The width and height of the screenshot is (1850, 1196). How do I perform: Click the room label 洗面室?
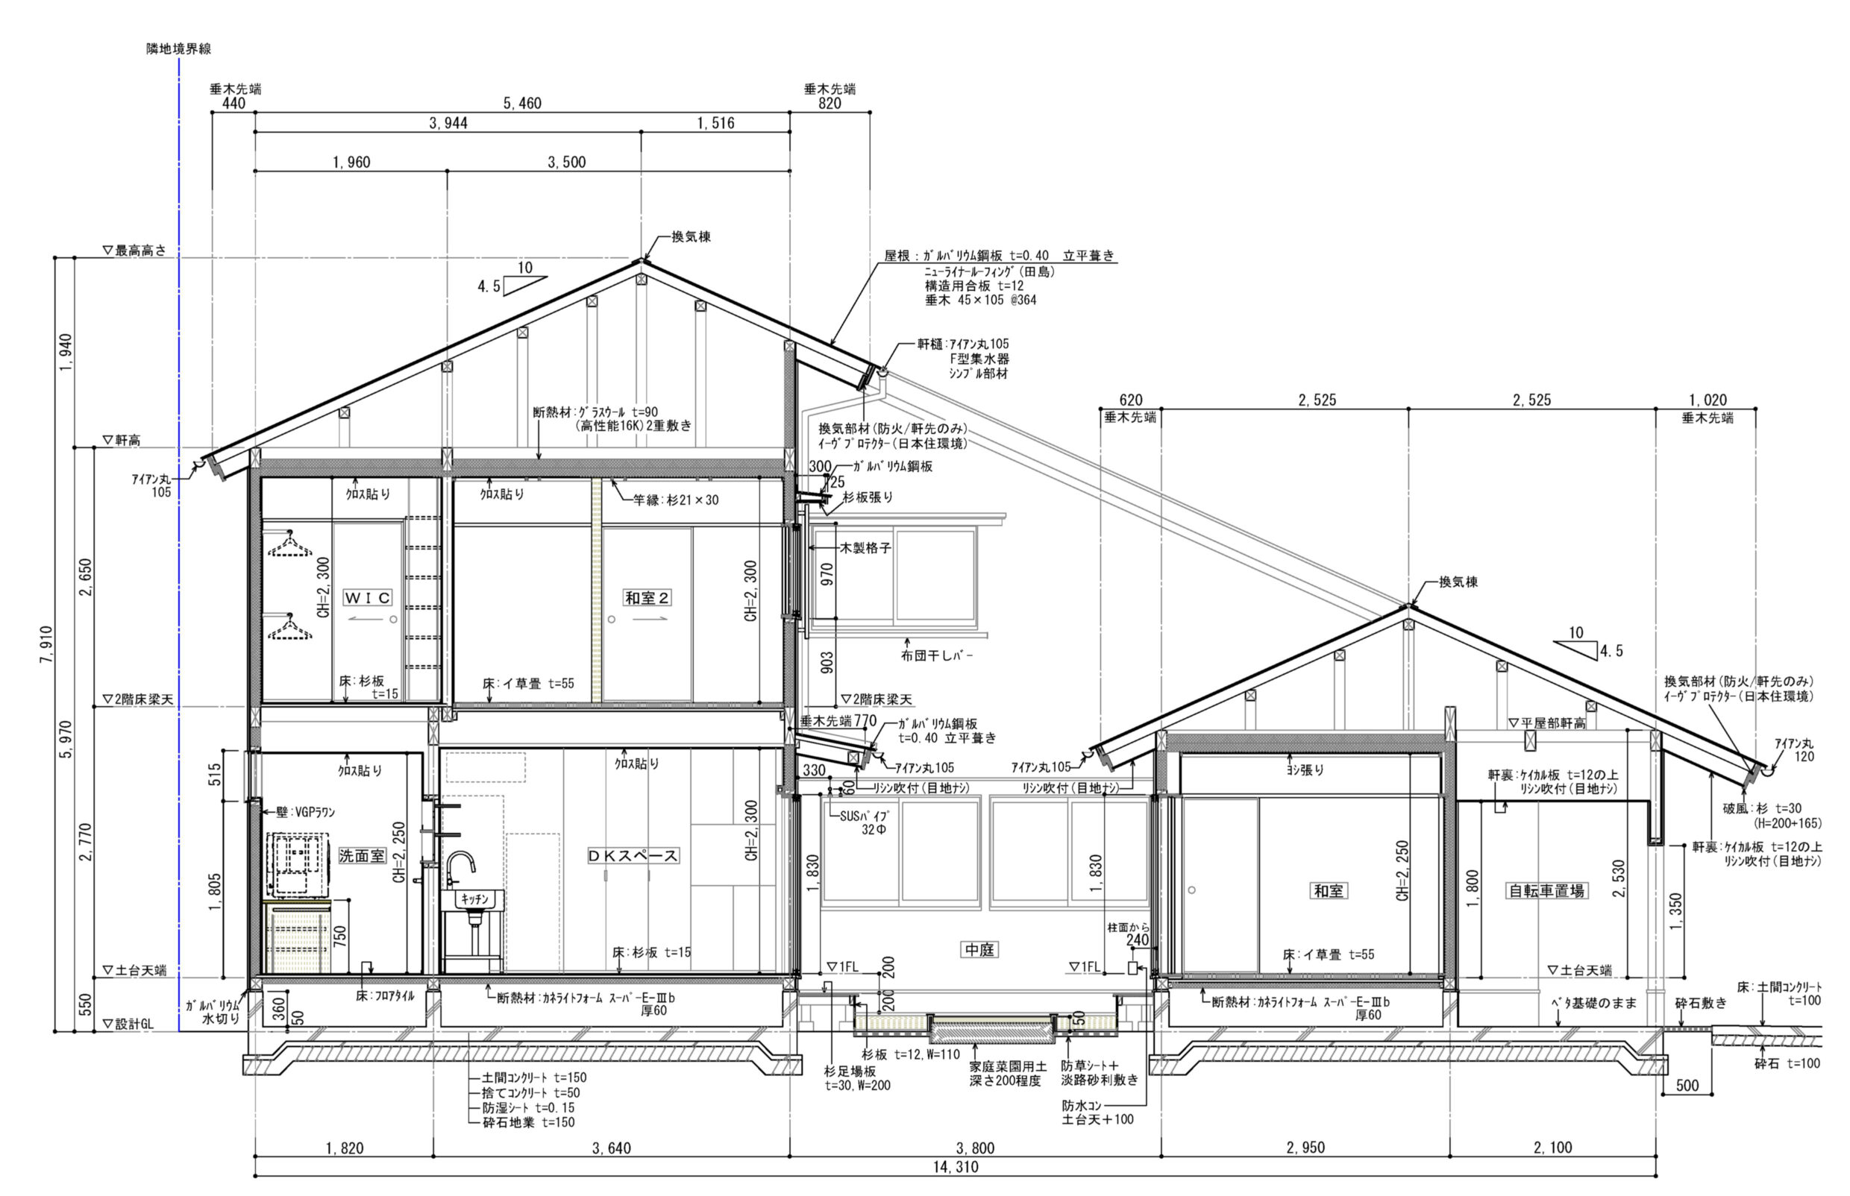(361, 855)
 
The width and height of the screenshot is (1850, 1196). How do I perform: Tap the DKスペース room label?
(633, 855)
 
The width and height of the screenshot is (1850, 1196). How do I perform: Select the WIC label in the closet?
(368, 597)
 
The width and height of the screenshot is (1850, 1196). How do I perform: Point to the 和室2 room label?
(647, 597)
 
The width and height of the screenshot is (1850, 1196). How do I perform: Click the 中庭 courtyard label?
(979, 949)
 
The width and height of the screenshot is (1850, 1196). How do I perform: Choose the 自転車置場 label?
(1546, 890)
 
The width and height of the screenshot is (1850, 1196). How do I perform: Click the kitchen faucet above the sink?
(460, 870)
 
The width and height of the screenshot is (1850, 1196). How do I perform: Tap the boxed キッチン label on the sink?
(474, 899)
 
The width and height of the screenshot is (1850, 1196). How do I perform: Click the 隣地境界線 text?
(179, 48)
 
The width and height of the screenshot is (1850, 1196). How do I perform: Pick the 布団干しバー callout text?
(936, 655)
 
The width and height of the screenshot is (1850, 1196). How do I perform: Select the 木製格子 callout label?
(865, 547)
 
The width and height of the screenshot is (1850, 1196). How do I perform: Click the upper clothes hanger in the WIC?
(290, 544)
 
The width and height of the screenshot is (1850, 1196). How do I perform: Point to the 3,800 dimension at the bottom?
(975, 1148)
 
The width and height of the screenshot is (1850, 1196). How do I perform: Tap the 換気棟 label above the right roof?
(1458, 582)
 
